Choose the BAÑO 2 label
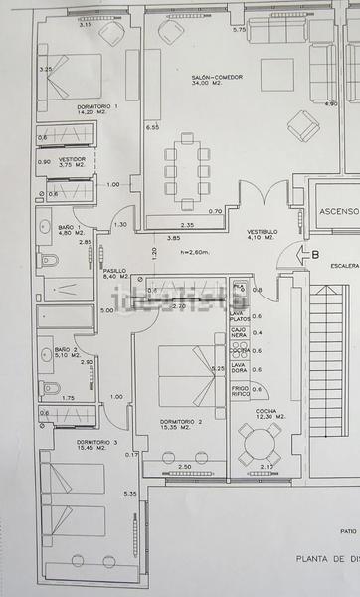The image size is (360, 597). point(65,350)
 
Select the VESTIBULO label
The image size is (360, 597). point(263,232)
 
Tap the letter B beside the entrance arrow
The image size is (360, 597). point(315,254)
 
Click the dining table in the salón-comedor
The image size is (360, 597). point(187,170)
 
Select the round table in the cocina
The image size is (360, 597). point(260,444)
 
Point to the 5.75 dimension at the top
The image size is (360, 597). point(239,30)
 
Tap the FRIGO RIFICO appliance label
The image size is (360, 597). point(240,392)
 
